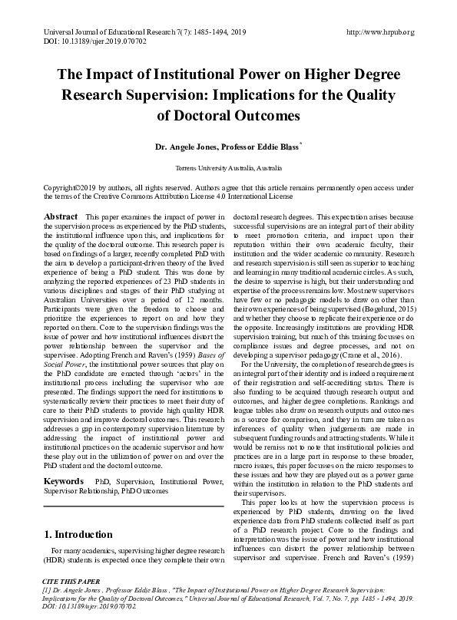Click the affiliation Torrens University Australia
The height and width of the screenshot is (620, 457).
point(228,167)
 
